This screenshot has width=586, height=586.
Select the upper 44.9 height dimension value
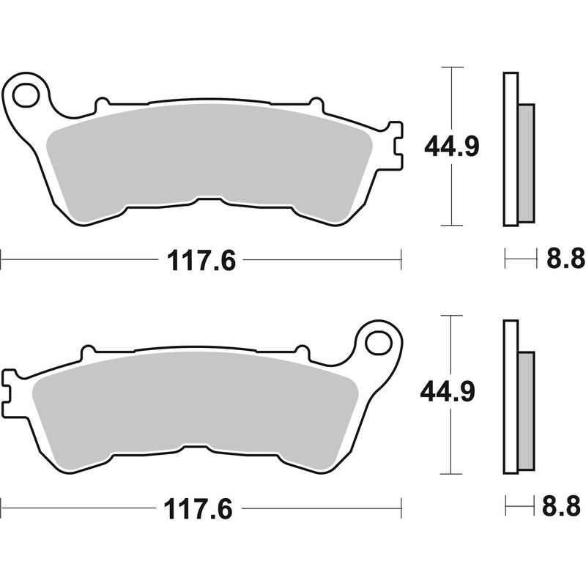(452, 147)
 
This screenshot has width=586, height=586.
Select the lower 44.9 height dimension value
(448, 393)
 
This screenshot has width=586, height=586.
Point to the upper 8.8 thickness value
(565, 258)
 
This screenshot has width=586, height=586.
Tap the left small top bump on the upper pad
(102, 102)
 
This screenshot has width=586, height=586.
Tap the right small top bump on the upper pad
(316, 102)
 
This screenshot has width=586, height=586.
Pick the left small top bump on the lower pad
(87, 350)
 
